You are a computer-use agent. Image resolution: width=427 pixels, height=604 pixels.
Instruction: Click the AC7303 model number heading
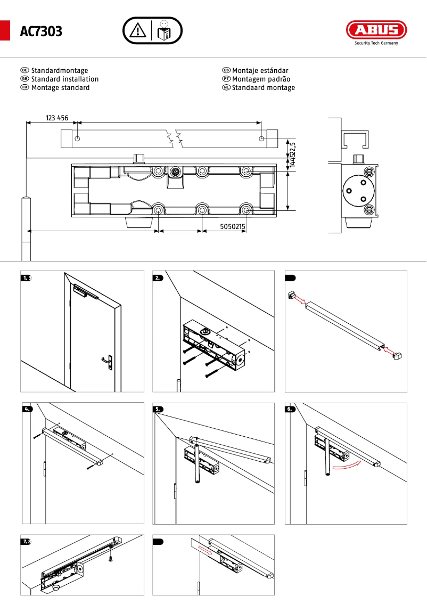coord(41,32)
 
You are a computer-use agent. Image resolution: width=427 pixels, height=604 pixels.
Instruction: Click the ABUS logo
coord(376,29)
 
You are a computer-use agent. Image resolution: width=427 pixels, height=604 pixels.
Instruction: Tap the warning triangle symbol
coord(138,30)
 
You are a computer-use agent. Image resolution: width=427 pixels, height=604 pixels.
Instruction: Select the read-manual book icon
coord(165,30)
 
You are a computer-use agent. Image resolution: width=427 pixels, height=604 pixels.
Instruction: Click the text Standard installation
coord(65,79)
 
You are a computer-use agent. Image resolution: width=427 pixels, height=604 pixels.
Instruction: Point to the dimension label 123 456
coord(57,118)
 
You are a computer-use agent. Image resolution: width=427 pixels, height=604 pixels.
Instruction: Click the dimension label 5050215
coord(233,226)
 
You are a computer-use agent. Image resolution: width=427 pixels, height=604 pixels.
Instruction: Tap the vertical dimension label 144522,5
coord(292,154)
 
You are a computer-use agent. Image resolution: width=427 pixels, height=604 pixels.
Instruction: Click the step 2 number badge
coord(158,277)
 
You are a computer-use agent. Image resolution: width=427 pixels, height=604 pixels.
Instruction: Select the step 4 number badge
coord(27,409)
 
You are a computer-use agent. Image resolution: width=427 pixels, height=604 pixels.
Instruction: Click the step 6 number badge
coord(290,409)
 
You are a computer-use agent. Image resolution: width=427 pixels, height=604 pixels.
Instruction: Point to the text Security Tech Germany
coord(376,44)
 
